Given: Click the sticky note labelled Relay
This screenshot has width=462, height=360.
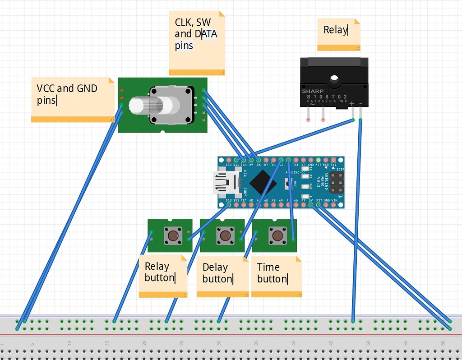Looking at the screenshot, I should (338, 34).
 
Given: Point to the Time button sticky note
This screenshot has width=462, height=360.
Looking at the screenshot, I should (276, 276).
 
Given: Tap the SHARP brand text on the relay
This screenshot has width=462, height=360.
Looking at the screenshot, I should (313, 91).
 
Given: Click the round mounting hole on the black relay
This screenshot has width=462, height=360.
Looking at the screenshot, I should (334, 80).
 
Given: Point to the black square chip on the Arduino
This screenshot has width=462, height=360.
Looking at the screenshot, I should (263, 183).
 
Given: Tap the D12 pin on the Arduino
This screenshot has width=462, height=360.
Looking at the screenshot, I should (229, 160).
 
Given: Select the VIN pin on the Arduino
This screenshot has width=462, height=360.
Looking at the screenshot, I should (334, 205).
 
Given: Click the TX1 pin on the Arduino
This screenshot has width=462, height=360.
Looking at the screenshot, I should (334, 160).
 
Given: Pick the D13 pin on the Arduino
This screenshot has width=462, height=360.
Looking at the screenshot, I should (229, 205).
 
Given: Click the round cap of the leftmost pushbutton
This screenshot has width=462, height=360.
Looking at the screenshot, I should (173, 235).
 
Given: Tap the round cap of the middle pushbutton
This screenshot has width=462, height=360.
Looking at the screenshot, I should (225, 235).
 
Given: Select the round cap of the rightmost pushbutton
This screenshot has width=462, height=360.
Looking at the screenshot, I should (277, 235).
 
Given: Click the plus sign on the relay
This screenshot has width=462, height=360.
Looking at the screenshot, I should (352, 104).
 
